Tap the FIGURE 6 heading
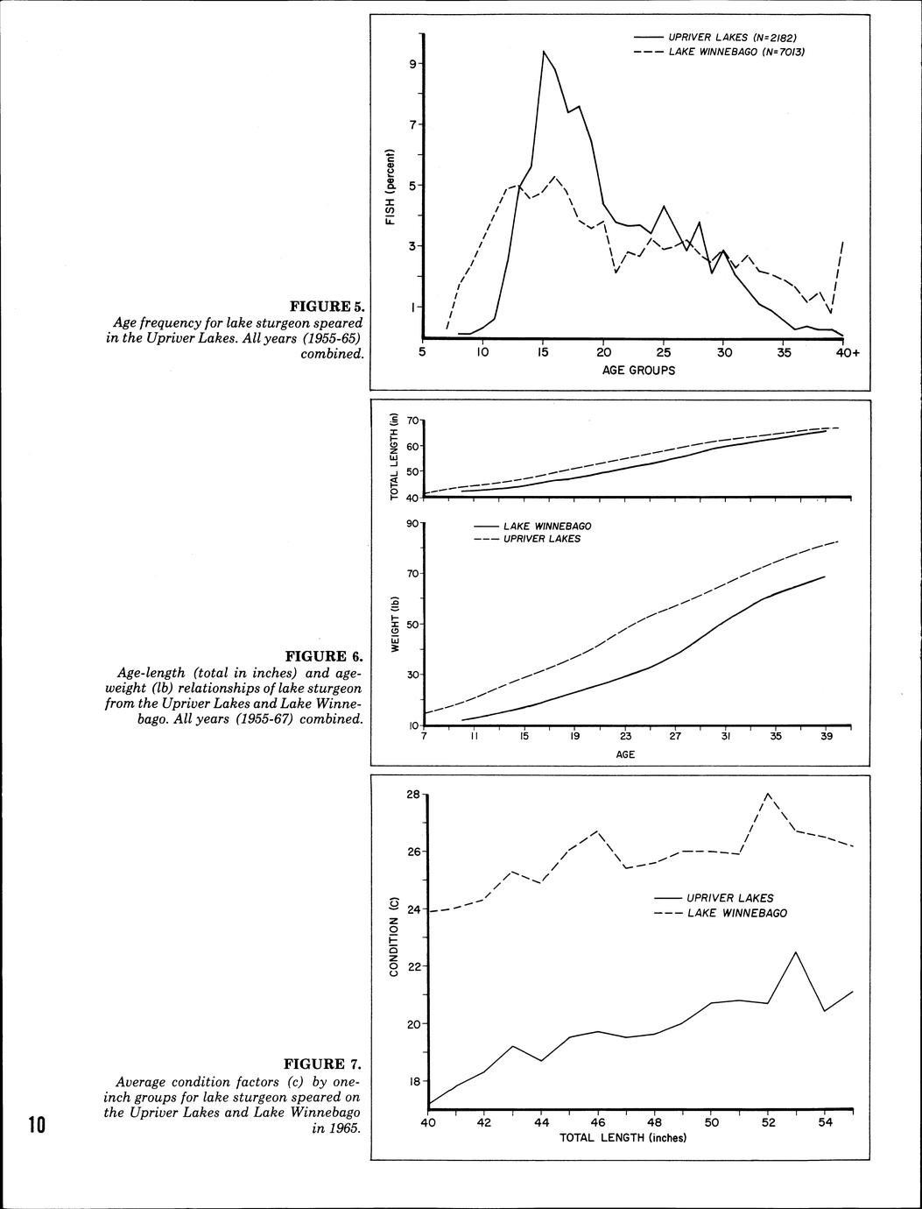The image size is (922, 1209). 323,655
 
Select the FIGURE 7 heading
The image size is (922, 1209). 322,1064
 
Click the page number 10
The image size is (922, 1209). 36,1125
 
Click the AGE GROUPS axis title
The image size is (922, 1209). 638,370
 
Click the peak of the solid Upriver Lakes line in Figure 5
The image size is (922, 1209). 544,51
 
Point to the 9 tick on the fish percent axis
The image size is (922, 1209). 410,64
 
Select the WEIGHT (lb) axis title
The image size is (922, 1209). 395,624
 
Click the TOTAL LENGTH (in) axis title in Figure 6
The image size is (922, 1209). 394,457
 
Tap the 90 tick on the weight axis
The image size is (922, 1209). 409,524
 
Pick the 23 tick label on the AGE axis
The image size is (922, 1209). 625,737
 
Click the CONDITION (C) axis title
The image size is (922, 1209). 394,937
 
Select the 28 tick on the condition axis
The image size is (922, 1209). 413,795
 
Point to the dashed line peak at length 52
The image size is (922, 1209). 768,793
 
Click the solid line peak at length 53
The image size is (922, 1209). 795,952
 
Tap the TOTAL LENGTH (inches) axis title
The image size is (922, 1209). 623,1137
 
